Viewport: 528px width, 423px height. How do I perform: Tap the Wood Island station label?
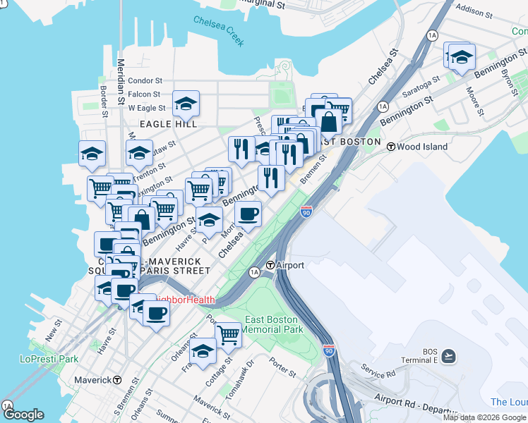tap(422, 147)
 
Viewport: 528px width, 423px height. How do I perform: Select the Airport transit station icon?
tap(270, 266)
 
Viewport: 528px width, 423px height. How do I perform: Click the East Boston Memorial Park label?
tap(273, 324)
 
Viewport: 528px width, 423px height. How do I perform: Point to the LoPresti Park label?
tap(49, 359)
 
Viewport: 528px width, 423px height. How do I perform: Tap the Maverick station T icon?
tap(117, 380)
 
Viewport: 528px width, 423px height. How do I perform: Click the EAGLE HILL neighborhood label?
tap(167, 124)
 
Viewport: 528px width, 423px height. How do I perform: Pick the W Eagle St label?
tap(147, 108)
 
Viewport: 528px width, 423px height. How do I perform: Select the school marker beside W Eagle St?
tap(186, 104)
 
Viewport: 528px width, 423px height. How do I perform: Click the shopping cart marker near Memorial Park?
tap(228, 335)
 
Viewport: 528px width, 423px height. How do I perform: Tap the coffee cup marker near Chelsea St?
tap(247, 214)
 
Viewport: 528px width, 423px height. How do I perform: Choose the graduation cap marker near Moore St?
tap(462, 56)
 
